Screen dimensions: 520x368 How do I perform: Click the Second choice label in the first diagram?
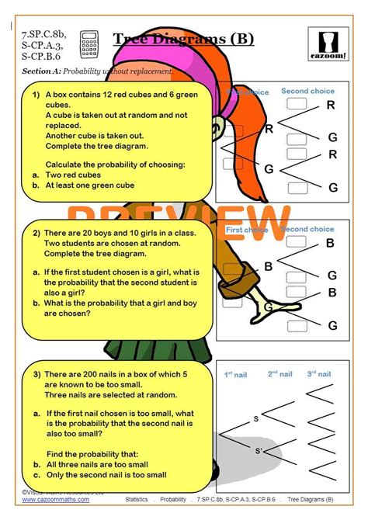tap(307, 91)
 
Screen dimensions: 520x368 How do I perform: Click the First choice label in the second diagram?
tap(246, 230)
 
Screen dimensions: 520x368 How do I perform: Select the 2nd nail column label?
tap(279, 374)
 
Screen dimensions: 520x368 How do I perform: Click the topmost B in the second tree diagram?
tap(331, 243)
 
